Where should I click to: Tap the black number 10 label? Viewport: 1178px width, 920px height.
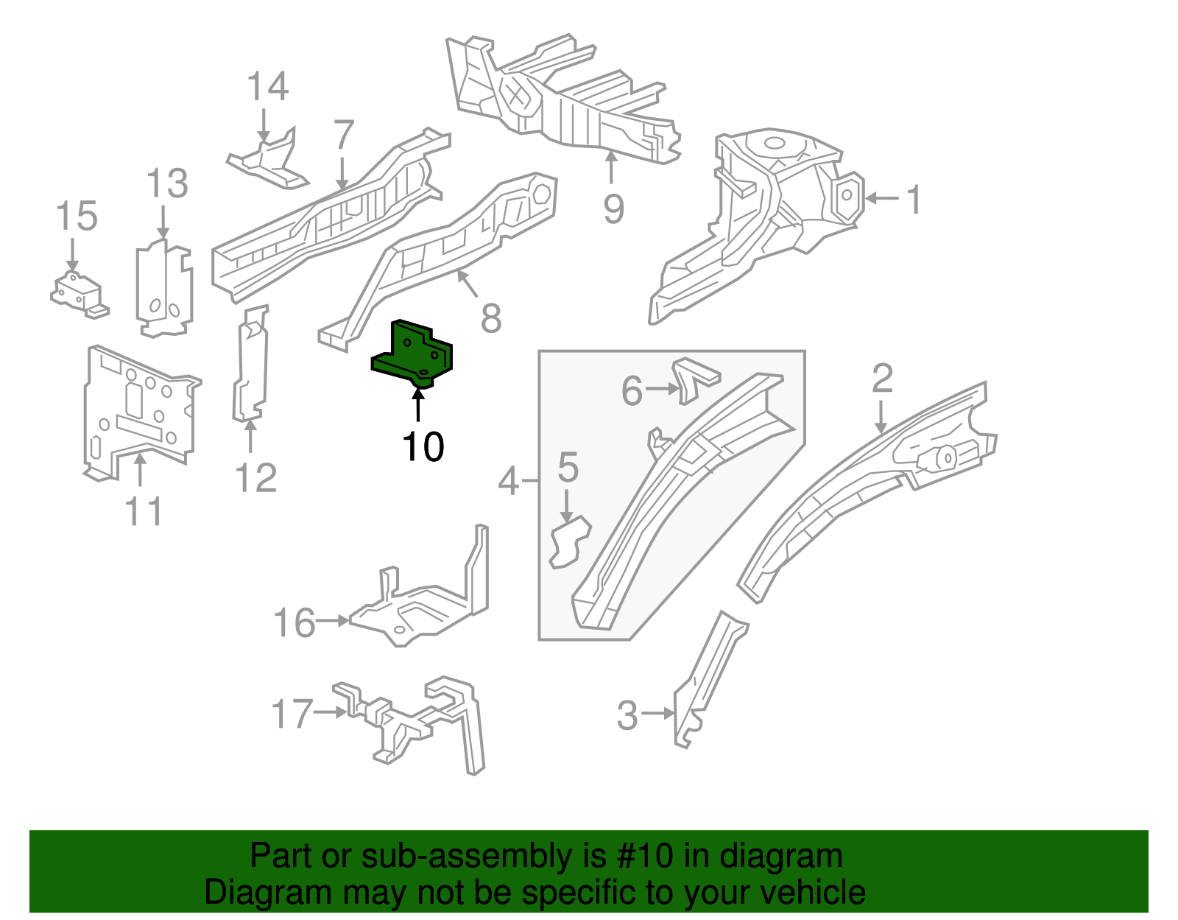[x=423, y=447]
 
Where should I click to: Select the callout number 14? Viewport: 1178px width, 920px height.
[x=267, y=87]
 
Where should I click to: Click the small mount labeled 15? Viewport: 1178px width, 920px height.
[x=78, y=293]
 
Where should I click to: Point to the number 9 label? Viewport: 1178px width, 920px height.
[x=613, y=208]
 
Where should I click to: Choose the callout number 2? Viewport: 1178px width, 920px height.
[x=882, y=379]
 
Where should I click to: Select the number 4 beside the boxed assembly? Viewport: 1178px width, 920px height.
[x=509, y=482]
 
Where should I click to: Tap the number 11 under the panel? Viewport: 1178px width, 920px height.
[x=144, y=511]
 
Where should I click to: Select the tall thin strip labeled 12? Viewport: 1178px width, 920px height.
[x=250, y=365]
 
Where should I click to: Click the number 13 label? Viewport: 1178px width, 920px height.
[x=167, y=183]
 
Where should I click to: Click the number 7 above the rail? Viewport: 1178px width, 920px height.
[x=343, y=136]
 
